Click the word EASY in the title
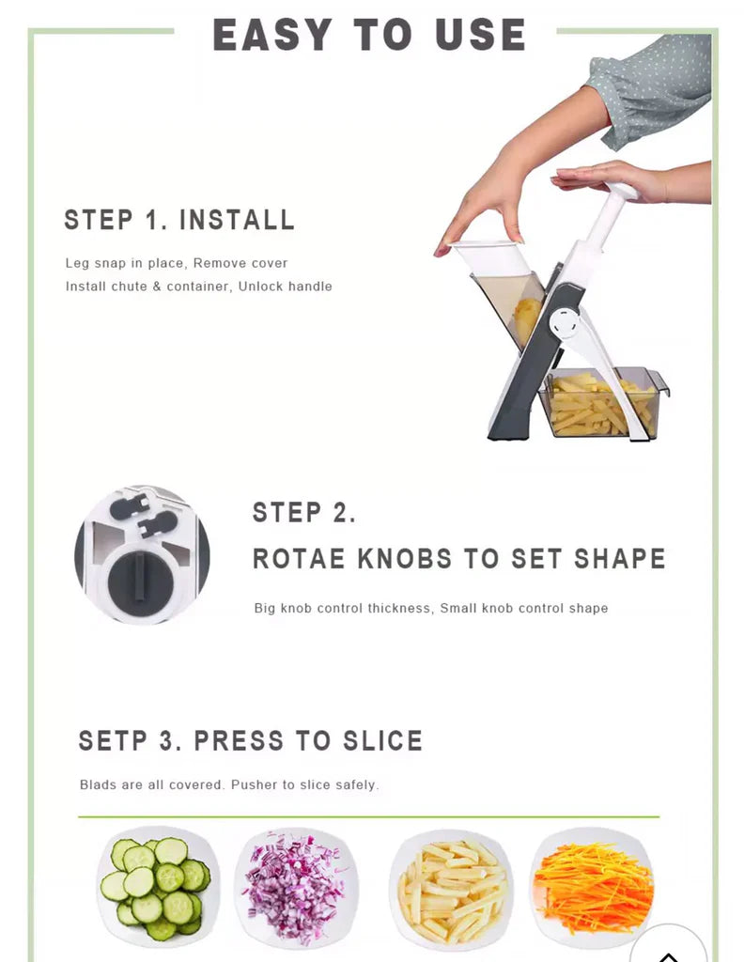point(272,36)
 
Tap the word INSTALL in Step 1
point(237,220)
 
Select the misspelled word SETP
point(112,740)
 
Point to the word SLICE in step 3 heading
point(382,740)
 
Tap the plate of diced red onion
point(296,887)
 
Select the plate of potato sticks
point(451,889)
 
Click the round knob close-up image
point(142,554)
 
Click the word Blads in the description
point(98,784)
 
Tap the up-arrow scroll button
point(668,949)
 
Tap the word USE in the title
point(480,36)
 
